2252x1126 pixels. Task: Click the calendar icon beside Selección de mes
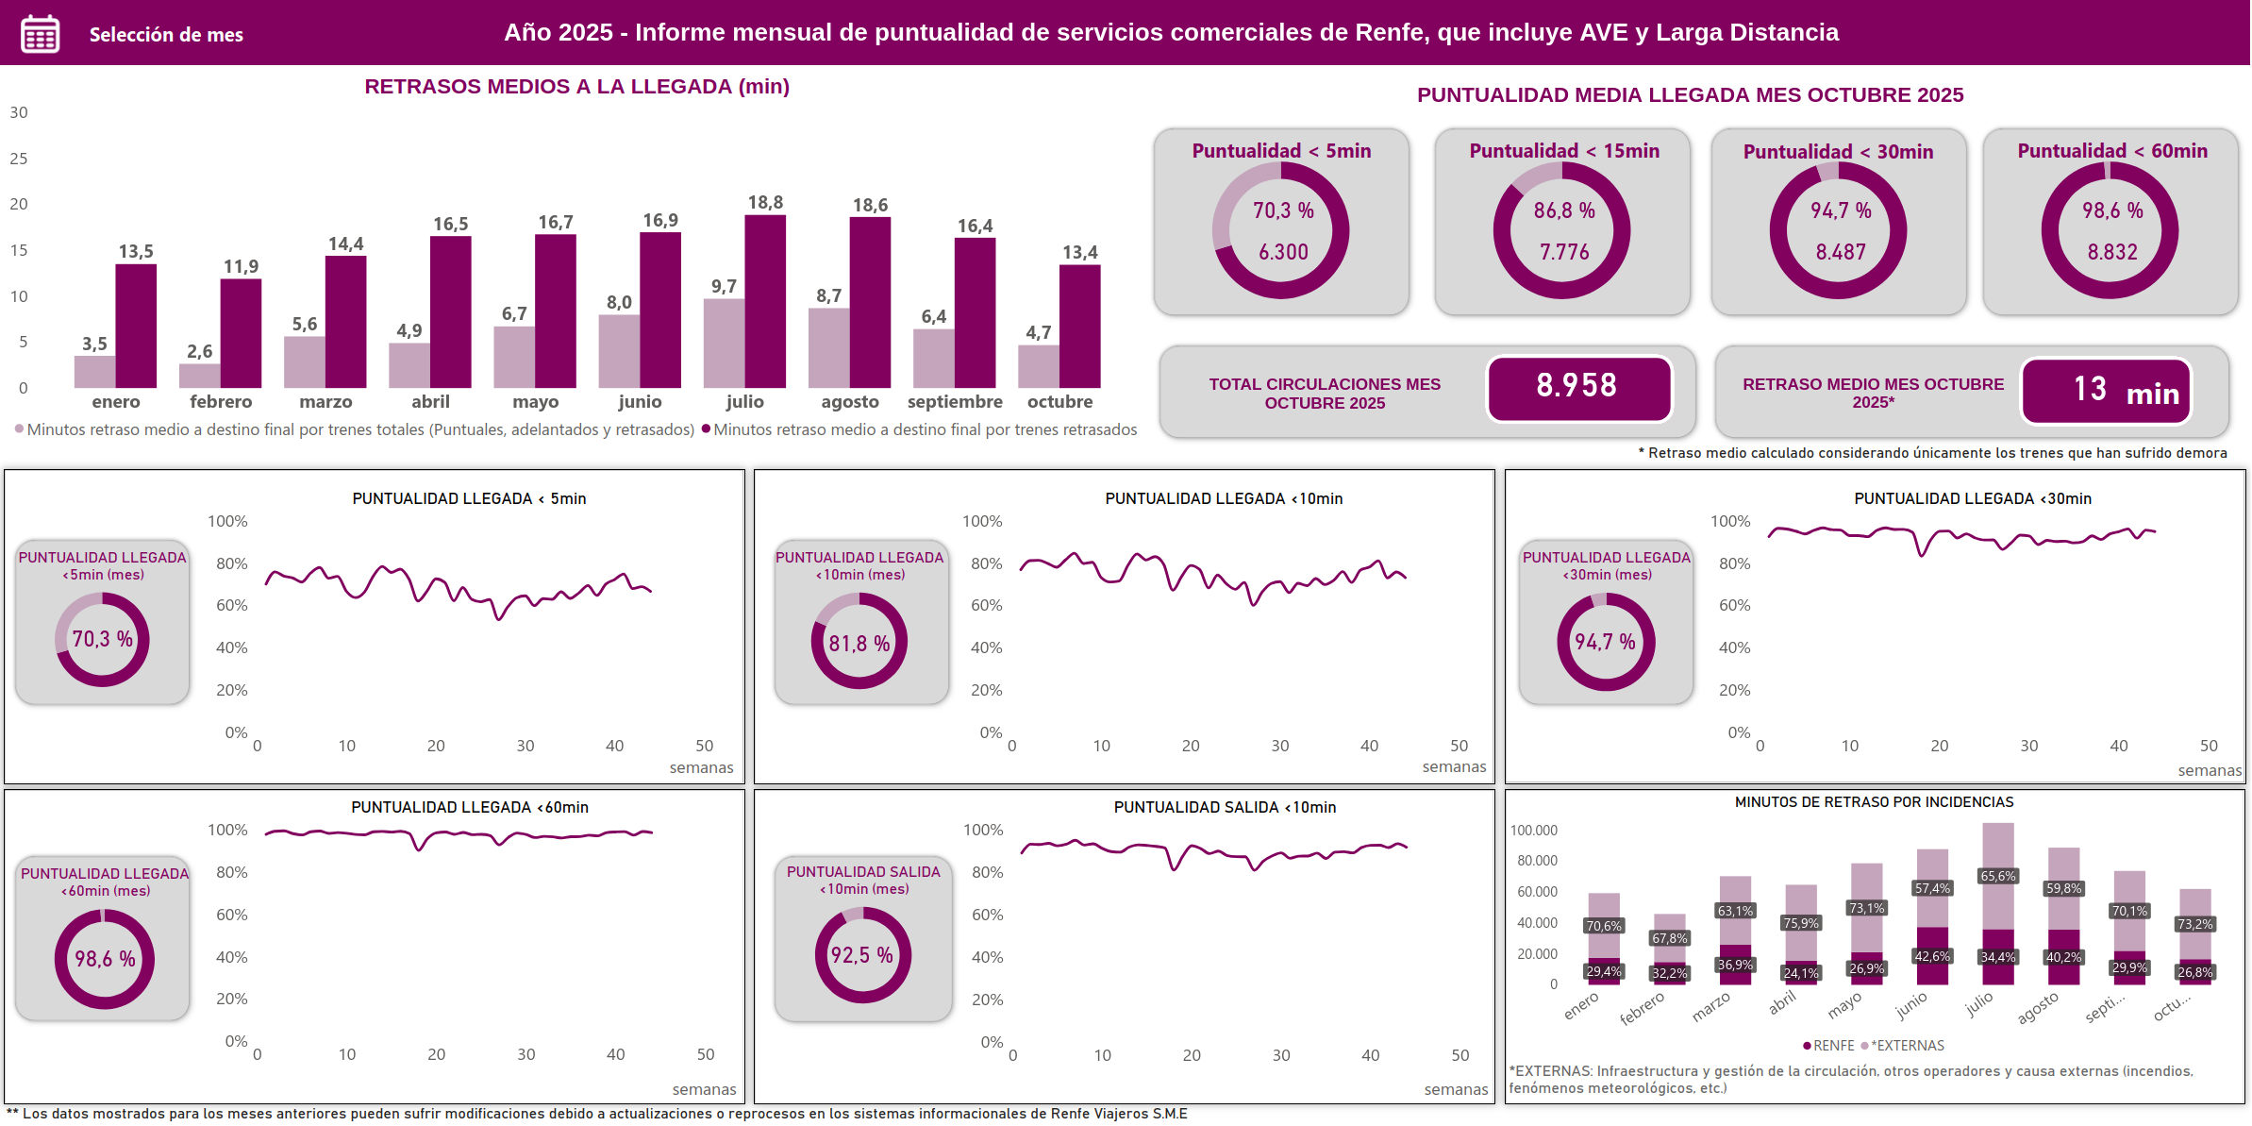40,34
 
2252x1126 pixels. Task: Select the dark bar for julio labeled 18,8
764,301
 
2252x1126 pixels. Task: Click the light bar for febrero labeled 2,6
199,376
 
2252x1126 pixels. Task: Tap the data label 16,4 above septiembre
975,227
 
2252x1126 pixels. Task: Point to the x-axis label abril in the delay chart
430,402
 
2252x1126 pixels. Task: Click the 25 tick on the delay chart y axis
19,159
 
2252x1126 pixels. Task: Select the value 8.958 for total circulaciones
1577,386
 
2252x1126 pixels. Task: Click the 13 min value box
2105,390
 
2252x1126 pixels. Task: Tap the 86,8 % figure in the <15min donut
1563,210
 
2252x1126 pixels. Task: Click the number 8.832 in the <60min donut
2111,252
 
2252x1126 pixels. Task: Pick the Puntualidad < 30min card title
1837,152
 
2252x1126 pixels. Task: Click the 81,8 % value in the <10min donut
859,644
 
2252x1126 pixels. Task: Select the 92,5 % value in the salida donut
861,955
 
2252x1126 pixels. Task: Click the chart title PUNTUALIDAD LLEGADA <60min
469,807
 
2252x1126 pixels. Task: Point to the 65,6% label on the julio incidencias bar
1997,876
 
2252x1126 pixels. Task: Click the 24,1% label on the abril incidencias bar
1800,973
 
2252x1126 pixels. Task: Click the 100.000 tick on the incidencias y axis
1533,831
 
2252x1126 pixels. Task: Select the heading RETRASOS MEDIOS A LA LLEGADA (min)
576,87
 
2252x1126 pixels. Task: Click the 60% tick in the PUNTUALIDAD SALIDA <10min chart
987,915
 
